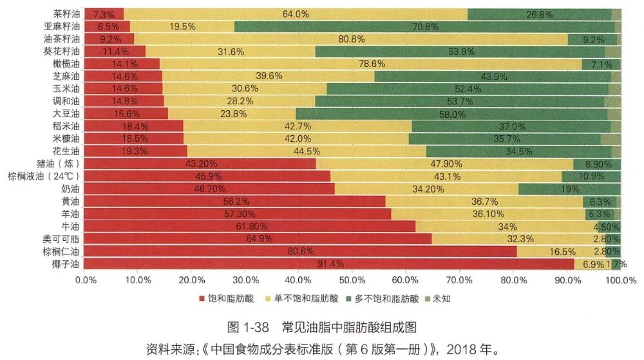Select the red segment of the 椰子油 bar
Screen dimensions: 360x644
tap(328, 264)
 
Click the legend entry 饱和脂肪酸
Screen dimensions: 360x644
tap(226, 299)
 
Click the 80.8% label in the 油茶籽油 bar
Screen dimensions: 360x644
tap(352, 39)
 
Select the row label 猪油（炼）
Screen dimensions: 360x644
tap(59, 164)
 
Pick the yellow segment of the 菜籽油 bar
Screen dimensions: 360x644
tap(295, 14)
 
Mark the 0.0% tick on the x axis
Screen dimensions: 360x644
tap(85, 280)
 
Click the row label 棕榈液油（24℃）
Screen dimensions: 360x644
tap(44, 176)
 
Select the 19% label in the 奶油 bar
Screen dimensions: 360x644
tap(570, 189)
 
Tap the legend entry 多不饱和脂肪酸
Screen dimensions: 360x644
tap(387, 299)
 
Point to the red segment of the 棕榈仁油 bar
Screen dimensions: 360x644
tap(300, 251)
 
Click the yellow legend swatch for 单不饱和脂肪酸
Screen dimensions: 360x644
tap(269, 299)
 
